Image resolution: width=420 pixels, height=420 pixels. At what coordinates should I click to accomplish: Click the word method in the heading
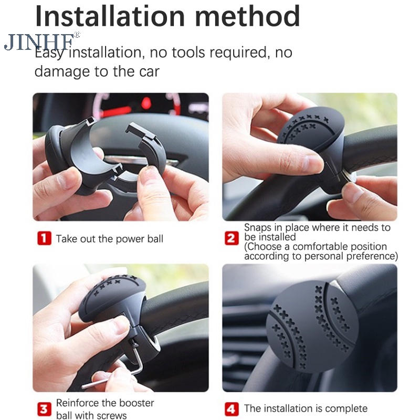pos(247,16)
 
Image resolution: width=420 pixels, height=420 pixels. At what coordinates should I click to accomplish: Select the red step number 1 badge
pos(44,238)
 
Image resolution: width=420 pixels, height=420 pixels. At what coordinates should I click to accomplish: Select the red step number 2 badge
pos(232,238)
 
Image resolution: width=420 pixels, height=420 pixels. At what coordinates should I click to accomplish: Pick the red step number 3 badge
pos(44,409)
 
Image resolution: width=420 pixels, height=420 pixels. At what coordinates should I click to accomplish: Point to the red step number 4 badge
pos(231,409)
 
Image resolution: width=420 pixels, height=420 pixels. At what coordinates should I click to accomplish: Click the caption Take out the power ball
pos(109,239)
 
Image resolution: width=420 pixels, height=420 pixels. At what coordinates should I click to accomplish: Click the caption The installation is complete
pos(306,408)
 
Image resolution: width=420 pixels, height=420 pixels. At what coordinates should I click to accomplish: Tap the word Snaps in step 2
pos(258,228)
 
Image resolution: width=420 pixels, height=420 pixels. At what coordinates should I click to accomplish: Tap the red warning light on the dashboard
pos(146,103)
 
